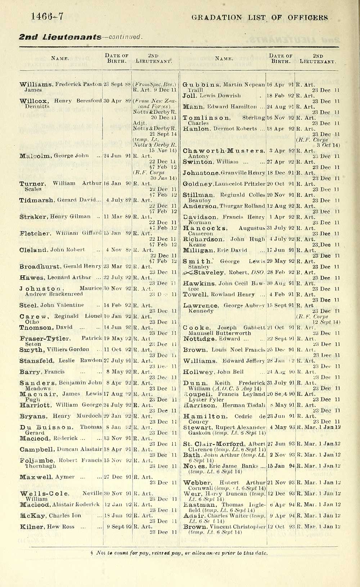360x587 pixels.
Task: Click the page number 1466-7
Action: [x=47, y=16]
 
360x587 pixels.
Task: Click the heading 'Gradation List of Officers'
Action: [x=260, y=17]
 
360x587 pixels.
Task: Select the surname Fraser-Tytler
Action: [x=45, y=339]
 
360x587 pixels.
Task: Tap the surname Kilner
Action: [x=32, y=527]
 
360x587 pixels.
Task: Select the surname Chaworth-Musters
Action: [x=224, y=151]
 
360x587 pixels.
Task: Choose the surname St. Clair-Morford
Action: [x=214, y=444]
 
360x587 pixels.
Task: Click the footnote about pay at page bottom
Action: [x=180, y=553]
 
